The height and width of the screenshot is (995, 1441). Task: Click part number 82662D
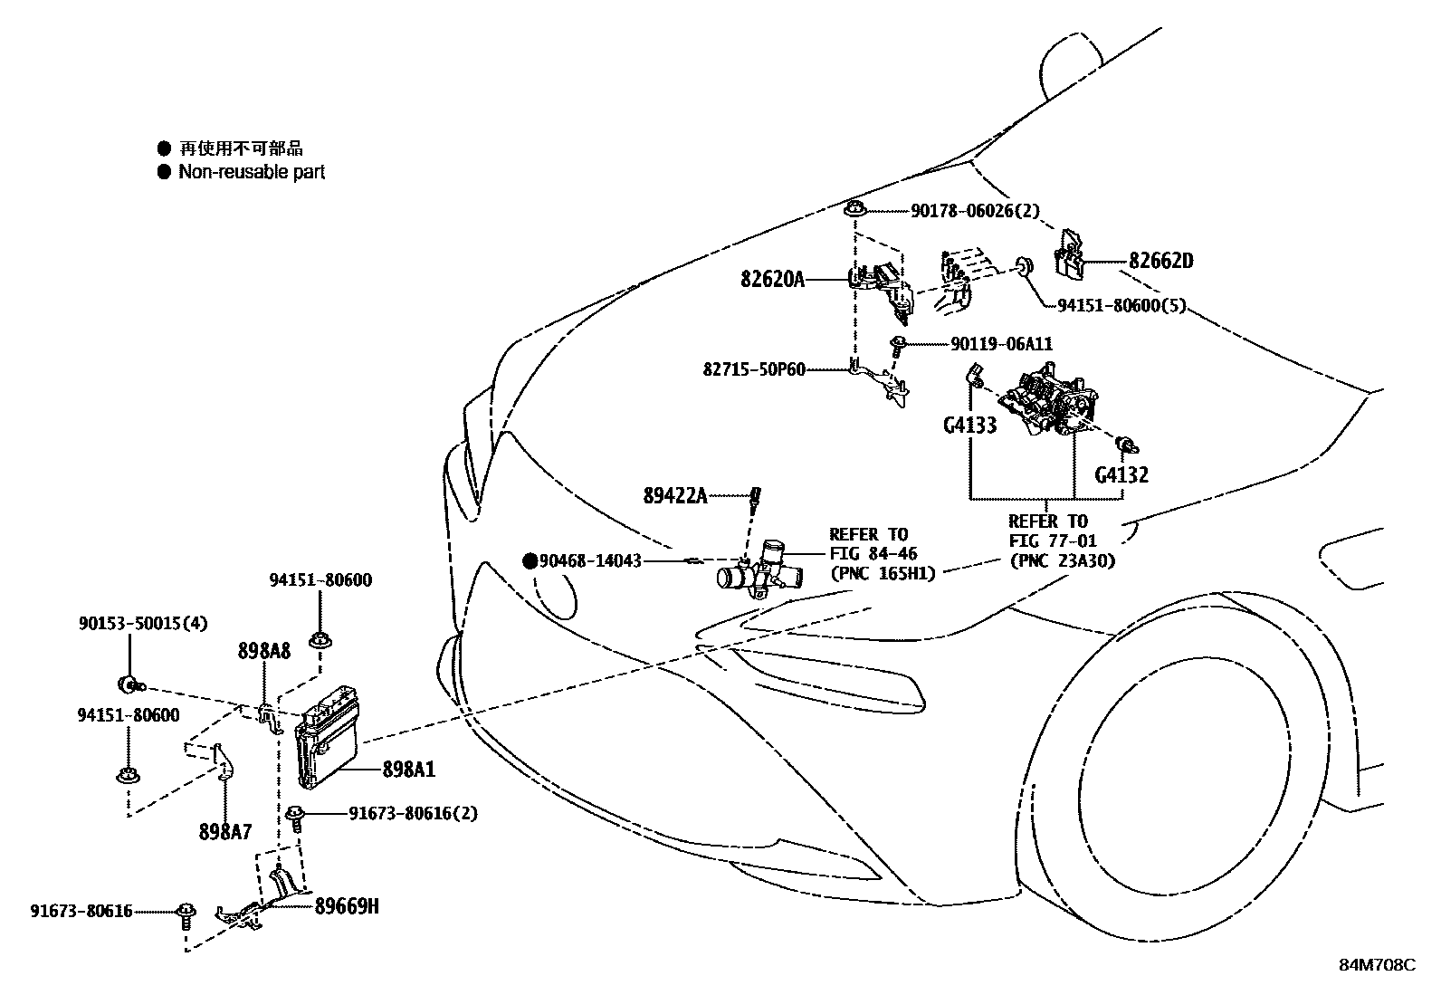click(1160, 262)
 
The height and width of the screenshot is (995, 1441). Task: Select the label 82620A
click(772, 280)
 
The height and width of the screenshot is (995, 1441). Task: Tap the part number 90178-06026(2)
click(975, 211)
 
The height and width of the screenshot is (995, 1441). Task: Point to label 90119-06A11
click(1001, 344)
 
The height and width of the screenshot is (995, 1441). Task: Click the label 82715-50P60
click(753, 369)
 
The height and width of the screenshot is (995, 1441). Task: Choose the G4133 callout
click(969, 425)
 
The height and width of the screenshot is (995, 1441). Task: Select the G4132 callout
click(1121, 474)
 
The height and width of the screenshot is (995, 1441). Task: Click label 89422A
click(675, 495)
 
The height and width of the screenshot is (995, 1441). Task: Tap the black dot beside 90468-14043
click(530, 561)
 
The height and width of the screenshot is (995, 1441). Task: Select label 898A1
click(408, 770)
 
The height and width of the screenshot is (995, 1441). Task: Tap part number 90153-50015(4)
click(142, 623)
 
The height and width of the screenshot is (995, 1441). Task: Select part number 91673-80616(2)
click(413, 814)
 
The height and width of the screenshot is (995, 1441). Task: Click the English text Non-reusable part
click(251, 172)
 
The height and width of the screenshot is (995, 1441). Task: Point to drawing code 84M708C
click(1377, 965)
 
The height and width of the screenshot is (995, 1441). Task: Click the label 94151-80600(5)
click(1121, 306)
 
